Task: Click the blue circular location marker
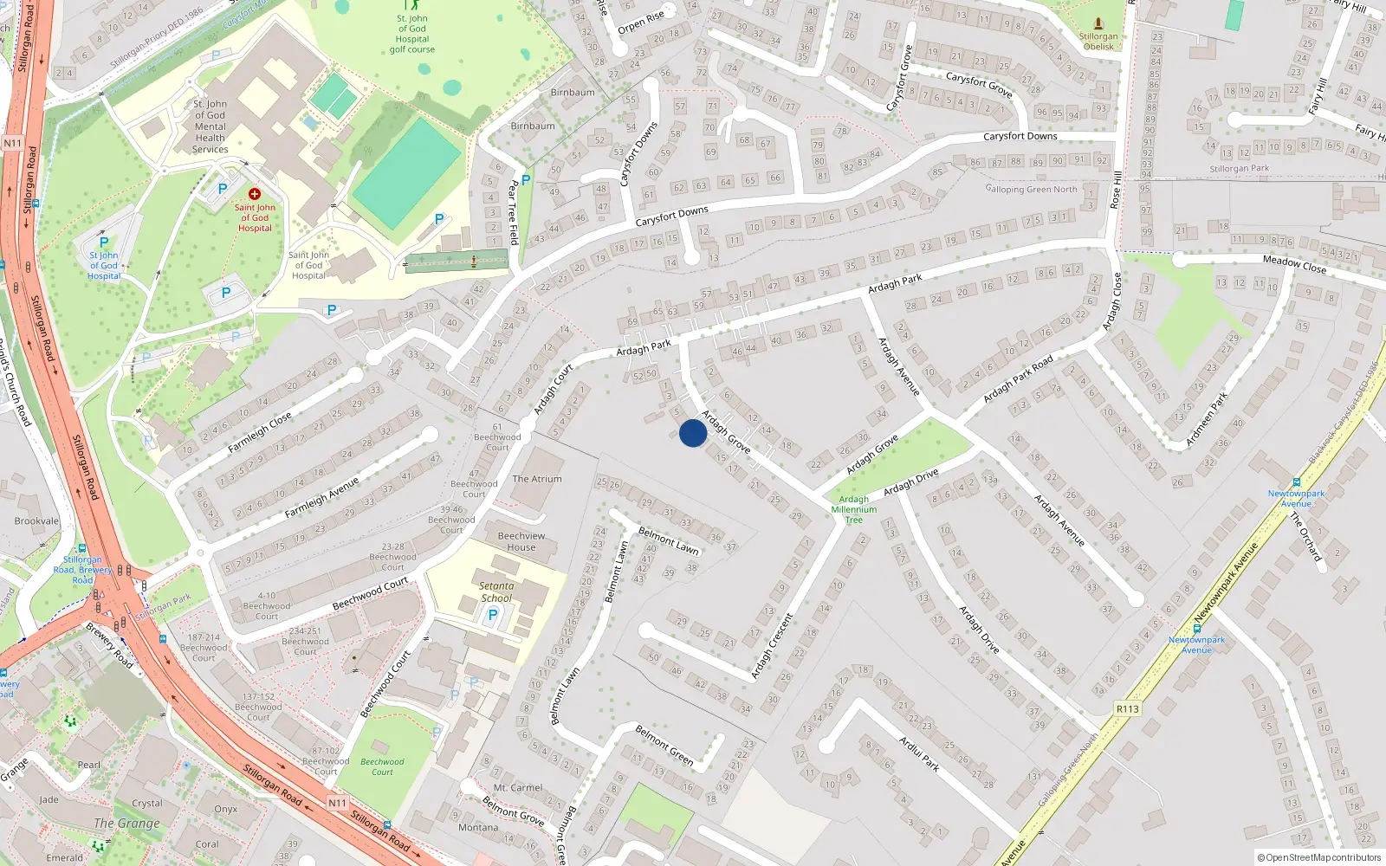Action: pyautogui.click(x=693, y=433)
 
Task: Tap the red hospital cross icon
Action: pyautogui.click(x=255, y=194)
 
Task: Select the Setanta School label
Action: pyautogui.click(x=496, y=592)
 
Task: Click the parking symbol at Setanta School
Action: pyautogui.click(x=493, y=615)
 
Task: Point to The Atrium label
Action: pyautogui.click(x=537, y=479)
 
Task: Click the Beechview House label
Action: pyautogui.click(x=521, y=541)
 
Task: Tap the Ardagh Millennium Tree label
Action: pyautogui.click(x=854, y=509)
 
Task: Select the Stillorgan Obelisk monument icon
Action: pyautogui.click(x=1098, y=24)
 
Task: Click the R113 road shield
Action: pyautogui.click(x=1128, y=709)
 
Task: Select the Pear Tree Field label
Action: pyautogui.click(x=513, y=212)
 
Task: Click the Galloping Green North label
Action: pyautogui.click(x=1032, y=189)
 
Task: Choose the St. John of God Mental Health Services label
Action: pyautogui.click(x=210, y=126)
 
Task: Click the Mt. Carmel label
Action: pyautogui.click(x=518, y=788)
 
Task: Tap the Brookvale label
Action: pyautogui.click(x=36, y=521)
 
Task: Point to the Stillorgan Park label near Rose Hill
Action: pyautogui.click(x=1240, y=169)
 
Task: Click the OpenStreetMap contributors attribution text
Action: pyautogui.click(x=1319, y=858)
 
